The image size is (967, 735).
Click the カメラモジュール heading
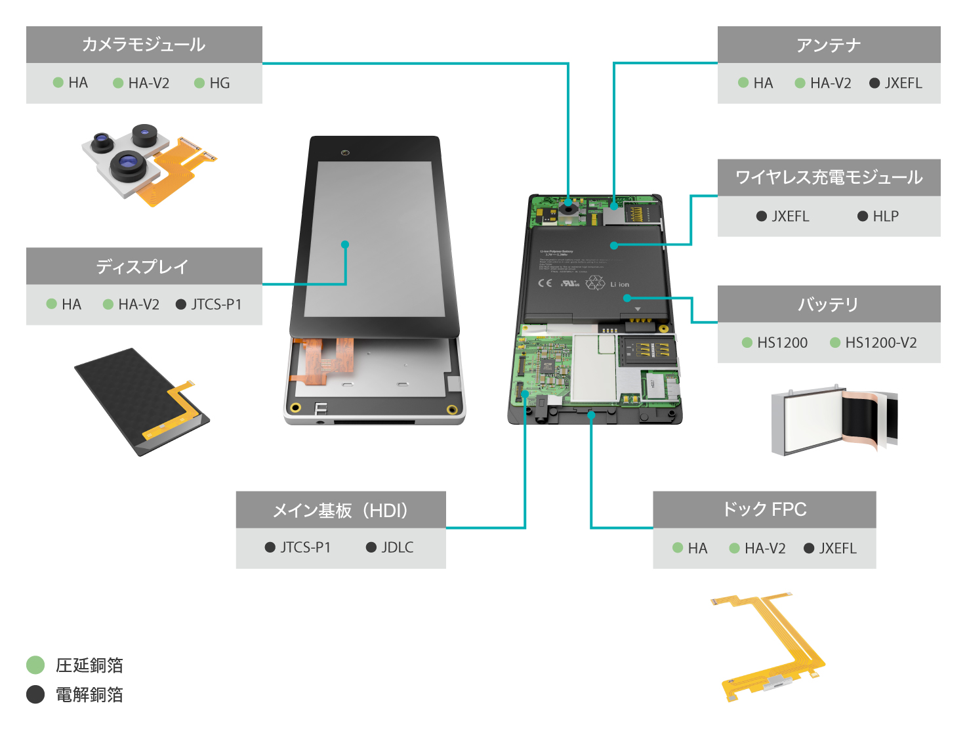pos(144,45)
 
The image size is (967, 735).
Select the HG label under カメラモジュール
pos(219,83)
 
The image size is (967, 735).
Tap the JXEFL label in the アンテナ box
pos(903,83)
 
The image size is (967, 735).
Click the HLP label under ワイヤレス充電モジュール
pos(885,217)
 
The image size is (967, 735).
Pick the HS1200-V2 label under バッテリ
pos(880,343)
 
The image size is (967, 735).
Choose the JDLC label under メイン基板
pos(397,547)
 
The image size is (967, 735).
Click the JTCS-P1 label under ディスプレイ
pos(216,304)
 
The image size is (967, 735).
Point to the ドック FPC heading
pos(764,509)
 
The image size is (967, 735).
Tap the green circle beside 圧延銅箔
pos(35,665)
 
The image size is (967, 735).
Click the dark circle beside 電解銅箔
pos(35,694)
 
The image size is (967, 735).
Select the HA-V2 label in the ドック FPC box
pos(764,549)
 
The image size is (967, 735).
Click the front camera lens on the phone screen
pos(345,153)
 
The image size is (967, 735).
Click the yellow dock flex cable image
pos(771,646)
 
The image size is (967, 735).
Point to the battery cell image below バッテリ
pos(833,420)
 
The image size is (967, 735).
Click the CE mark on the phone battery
pos(545,283)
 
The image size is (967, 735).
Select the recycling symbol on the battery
pos(595,282)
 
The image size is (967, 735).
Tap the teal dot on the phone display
pos(345,245)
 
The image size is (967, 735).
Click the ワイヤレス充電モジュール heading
pos(829,177)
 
